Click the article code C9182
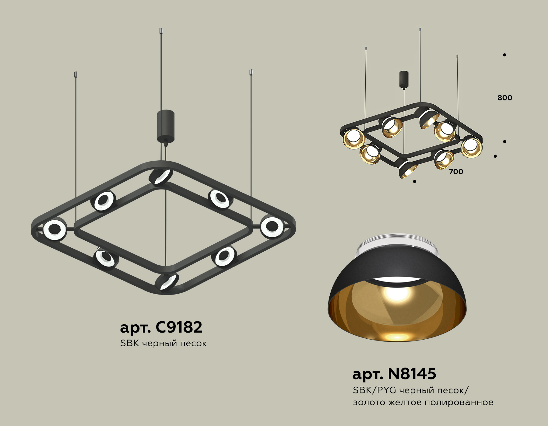(x=179, y=327)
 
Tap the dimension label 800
(x=505, y=98)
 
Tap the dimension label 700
(x=456, y=172)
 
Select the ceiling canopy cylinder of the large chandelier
(x=166, y=126)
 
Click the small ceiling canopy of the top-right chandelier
(x=404, y=79)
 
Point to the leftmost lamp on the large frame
(x=54, y=230)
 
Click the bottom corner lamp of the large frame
(x=167, y=282)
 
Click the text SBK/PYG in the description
(x=374, y=390)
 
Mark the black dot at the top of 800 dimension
(x=504, y=55)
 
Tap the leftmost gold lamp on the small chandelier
(x=354, y=139)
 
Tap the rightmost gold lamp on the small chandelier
(x=471, y=148)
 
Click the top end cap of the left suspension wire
(x=76, y=74)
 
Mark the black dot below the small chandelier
(x=414, y=182)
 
